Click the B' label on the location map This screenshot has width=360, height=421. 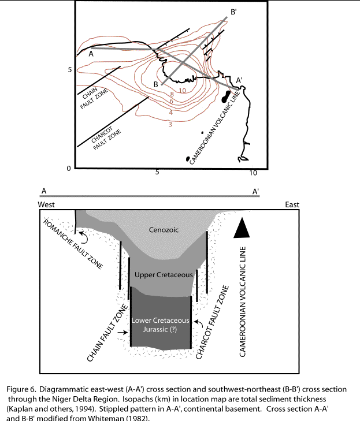click(233, 12)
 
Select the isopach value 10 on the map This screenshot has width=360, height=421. click(182, 91)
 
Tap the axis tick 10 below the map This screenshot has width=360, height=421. click(253, 173)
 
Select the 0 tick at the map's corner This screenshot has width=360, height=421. click(68, 168)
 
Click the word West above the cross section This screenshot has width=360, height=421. click(47, 204)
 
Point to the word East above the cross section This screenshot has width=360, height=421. click(292, 204)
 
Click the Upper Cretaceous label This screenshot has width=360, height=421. click(163, 275)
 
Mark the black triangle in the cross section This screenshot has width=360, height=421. click(243, 230)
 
